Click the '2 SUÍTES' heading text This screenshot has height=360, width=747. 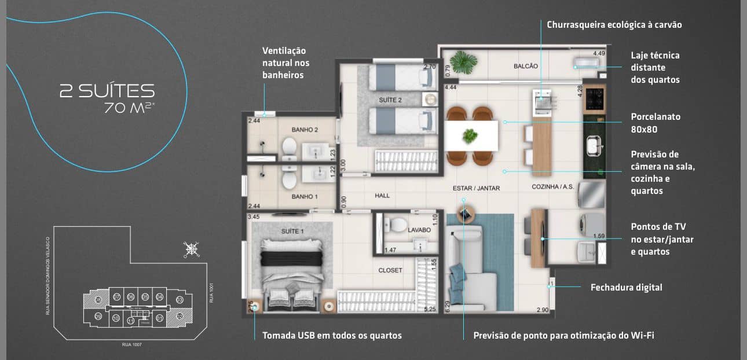[107, 91]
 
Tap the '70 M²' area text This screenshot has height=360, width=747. [129, 108]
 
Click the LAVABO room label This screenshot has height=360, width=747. [419, 230]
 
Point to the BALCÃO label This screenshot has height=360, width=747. [525, 66]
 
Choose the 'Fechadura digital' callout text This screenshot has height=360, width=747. [626, 287]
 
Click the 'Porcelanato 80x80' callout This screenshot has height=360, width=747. [656, 123]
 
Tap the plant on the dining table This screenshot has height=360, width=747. [470, 136]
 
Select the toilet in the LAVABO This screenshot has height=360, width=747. [398, 225]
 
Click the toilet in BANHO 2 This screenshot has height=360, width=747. [289, 149]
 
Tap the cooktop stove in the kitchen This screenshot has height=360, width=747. [594, 98]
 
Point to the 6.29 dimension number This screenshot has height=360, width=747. [447, 307]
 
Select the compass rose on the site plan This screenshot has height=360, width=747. [191, 249]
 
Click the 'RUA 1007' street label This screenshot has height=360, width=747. [131, 344]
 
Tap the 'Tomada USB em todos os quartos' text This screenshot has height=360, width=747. [332, 335]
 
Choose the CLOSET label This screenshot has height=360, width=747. [390, 270]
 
